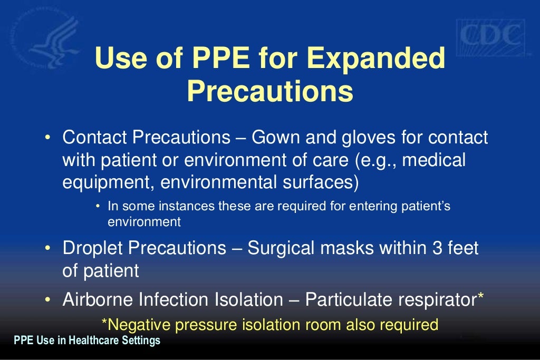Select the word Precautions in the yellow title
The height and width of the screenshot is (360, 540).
coord(269,91)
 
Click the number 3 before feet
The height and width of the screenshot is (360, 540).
coord(430,248)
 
